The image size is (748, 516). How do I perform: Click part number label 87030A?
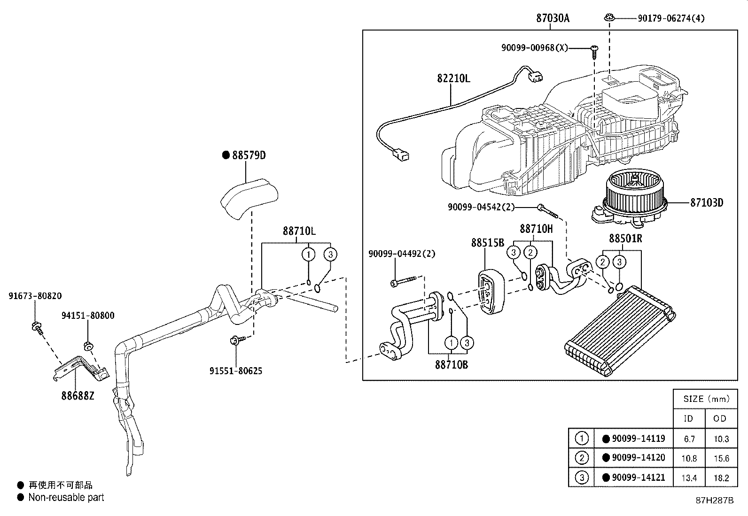point(553,18)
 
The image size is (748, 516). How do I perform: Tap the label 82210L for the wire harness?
point(453,78)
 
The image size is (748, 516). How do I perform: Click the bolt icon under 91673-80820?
point(37,327)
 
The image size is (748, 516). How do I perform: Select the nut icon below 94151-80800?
point(87,347)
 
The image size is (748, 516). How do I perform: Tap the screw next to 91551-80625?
point(237,339)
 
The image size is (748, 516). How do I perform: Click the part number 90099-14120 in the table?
point(638,457)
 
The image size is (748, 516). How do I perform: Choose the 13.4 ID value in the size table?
point(689,478)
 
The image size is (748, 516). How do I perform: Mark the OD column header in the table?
point(720,418)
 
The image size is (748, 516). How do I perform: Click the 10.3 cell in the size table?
point(720,439)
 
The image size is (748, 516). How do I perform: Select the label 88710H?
point(536,229)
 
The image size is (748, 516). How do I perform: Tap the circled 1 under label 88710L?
point(308,254)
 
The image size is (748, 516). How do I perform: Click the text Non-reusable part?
point(66,497)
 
